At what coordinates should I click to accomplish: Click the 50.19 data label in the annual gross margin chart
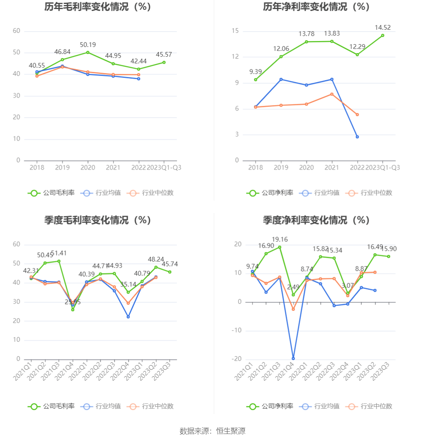coord(88,45)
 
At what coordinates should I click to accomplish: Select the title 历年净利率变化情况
coord(316,7)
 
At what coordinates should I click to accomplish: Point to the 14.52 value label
coord(382,28)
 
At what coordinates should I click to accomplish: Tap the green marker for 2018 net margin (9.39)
coord(255,80)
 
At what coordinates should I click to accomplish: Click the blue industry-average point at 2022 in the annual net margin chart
coord(357,137)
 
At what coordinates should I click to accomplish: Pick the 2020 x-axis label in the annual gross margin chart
coord(88,168)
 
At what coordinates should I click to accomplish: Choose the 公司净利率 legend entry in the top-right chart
coord(269,193)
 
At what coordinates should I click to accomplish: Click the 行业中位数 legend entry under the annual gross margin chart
coord(152,193)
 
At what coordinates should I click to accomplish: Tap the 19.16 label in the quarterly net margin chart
coord(280,239)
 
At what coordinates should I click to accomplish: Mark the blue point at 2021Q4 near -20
coord(293,358)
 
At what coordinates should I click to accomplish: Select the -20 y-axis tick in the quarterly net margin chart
coord(237,359)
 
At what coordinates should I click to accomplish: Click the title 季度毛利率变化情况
coord(97,220)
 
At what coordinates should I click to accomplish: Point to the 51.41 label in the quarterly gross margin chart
coord(59,253)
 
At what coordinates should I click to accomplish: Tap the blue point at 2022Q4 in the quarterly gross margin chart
coord(128,317)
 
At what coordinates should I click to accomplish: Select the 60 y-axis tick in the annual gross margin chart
coord(16,31)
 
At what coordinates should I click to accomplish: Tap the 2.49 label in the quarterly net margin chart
coord(293,287)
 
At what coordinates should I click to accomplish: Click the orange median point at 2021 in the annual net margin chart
coord(332,94)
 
